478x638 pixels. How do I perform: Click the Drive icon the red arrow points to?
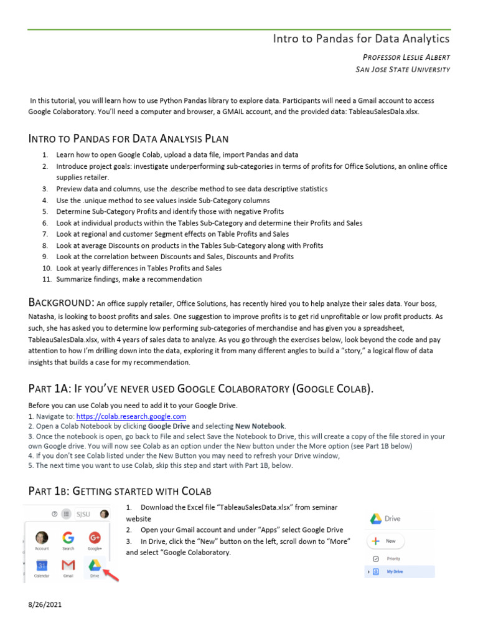click(94, 565)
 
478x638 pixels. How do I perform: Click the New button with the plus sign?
click(386, 541)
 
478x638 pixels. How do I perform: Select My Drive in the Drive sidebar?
click(393, 571)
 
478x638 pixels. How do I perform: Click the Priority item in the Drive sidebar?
click(393, 559)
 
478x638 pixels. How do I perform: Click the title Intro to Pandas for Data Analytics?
click(361, 39)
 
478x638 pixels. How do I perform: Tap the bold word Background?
click(60, 303)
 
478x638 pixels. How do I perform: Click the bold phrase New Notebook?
click(260, 426)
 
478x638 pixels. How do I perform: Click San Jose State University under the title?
click(402, 69)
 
